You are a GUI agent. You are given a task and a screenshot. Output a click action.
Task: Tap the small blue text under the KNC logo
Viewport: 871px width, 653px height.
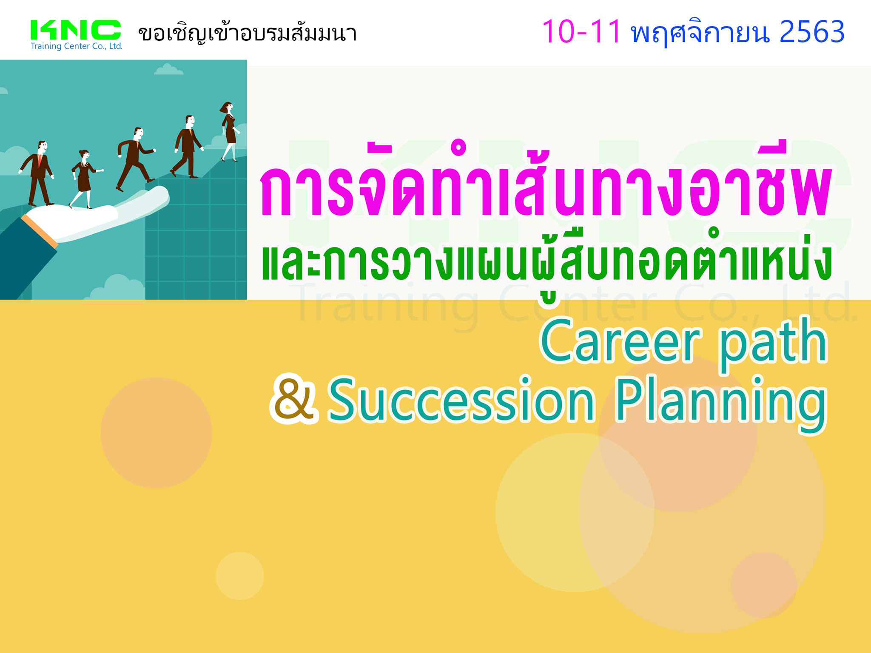[76, 46]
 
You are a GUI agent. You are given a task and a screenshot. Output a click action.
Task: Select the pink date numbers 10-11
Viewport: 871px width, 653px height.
[581, 32]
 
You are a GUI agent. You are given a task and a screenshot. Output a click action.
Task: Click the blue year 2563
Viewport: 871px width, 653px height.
[812, 32]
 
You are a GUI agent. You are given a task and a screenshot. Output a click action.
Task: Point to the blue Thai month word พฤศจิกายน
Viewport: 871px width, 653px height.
[700, 32]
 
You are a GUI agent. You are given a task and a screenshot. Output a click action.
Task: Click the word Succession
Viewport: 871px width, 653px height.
[461, 400]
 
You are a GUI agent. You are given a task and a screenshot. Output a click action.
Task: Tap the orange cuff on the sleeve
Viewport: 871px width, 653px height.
[39, 230]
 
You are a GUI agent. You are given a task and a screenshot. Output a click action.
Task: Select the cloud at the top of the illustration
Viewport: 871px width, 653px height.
[168, 70]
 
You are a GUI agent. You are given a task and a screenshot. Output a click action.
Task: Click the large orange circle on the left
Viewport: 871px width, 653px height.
[156, 433]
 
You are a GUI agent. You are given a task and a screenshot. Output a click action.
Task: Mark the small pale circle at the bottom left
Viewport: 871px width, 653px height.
[239, 576]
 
